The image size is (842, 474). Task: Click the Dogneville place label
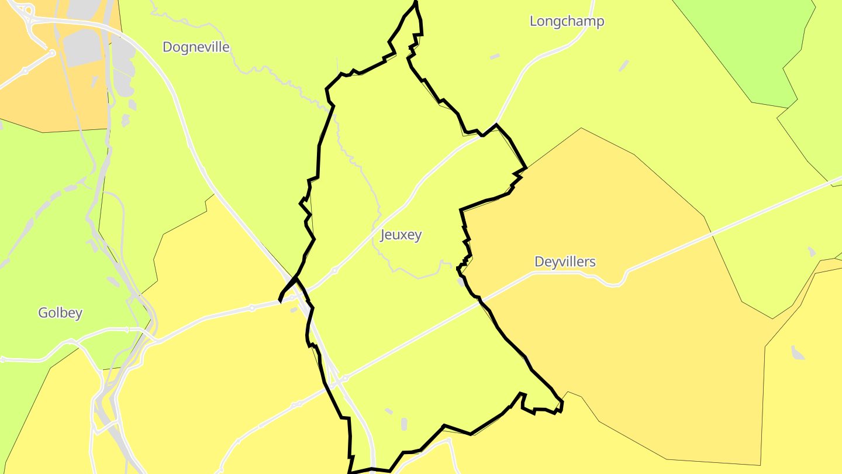coord(196,47)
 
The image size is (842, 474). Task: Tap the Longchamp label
coord(567,21)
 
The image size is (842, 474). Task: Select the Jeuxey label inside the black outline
coord(401,235)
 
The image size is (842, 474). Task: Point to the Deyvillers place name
coord(565,262)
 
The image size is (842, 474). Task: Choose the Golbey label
coord(60,312)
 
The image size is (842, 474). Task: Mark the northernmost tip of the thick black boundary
coord(416,2)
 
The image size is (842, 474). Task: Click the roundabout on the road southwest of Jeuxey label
coord(334,270)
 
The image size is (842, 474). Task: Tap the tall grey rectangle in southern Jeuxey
coord(404,424)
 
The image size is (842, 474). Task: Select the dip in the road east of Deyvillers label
coord(613,284)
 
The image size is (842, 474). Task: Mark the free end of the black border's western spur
coord(280,301)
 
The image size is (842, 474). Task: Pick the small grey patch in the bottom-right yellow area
coord(797,352)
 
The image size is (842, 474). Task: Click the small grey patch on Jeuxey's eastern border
coord(462,281)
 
